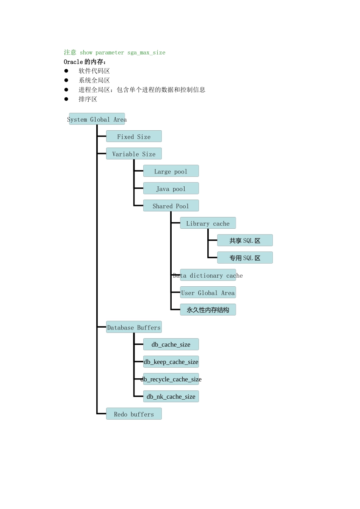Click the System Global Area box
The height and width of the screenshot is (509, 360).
(x=97, y=119)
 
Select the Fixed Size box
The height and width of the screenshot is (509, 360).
(x=134, y=136)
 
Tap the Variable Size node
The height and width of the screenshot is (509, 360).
(x=134, y=154)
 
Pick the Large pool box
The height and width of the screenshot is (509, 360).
(x=171, y=171)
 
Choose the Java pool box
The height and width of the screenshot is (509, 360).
(x=171, y=189)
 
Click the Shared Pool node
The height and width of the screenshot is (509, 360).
(x=171, y=206)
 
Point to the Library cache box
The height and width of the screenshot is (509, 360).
(x=208, y=223)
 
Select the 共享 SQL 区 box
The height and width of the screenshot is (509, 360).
(x=245, y=240)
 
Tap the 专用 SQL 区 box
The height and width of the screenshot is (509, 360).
(x=245, y=258)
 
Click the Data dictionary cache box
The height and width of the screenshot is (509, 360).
(x=208, y=275)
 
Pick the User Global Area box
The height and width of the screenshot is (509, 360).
(x=208, y=292)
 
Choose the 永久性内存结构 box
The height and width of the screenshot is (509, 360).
(x=208, y=310)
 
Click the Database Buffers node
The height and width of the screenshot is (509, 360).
(x=134, y=327)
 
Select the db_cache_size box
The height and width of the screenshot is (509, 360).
(x=171, y=344)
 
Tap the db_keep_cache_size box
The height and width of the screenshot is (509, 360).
(x=171, y=362)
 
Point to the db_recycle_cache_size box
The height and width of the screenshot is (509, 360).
(x=171, y=379)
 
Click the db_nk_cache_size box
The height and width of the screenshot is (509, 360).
(x=171, y=397)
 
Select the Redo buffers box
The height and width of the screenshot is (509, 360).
(x=134, y=414)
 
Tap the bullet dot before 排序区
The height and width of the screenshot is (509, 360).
(x=66, y=99)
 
